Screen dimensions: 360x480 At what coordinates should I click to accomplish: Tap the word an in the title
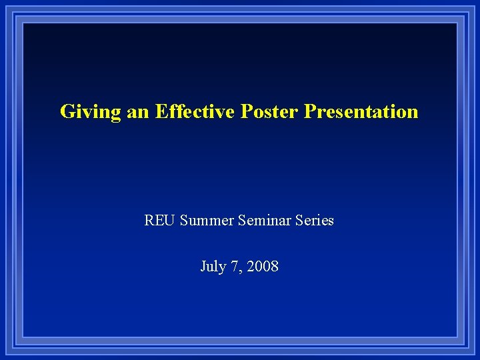coord(138,111)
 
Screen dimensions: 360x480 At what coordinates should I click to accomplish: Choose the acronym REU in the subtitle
coord(160,220)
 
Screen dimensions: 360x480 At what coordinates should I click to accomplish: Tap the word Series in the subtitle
coord(314,220)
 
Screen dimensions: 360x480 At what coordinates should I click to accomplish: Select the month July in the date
coord(213,267)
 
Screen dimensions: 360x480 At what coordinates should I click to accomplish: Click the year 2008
coord(263,267)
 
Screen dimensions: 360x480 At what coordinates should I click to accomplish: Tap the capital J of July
coord(203,267)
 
